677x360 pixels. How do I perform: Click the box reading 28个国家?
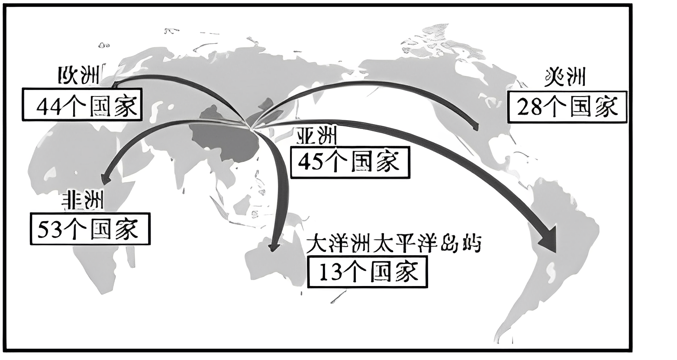tap(567, 106)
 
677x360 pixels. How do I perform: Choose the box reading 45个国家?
tap(349, 162)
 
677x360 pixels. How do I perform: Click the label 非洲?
tap(83, 201)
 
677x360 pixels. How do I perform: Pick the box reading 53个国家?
tap(90, 229)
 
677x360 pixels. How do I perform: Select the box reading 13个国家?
tap(367, 272)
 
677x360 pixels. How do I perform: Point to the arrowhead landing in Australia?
tap(273, 247)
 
